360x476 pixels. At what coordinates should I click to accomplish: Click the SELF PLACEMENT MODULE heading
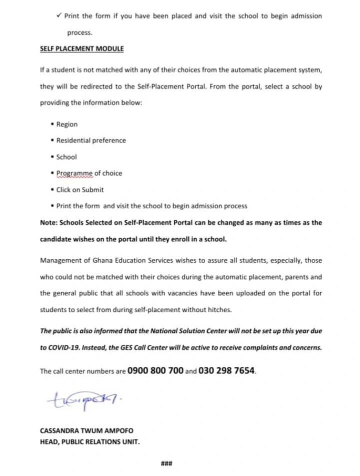coord(81,49)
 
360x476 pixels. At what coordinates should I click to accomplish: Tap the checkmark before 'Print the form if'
coord(59,16)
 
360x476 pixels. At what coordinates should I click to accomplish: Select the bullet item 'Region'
coord(67,124)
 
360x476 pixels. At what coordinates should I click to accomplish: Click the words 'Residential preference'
coord(91,141)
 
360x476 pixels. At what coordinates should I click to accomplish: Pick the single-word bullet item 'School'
coord(66,157)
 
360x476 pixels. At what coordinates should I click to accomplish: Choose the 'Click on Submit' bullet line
coord(80,190)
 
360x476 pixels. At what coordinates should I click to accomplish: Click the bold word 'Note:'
coord(49,223)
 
